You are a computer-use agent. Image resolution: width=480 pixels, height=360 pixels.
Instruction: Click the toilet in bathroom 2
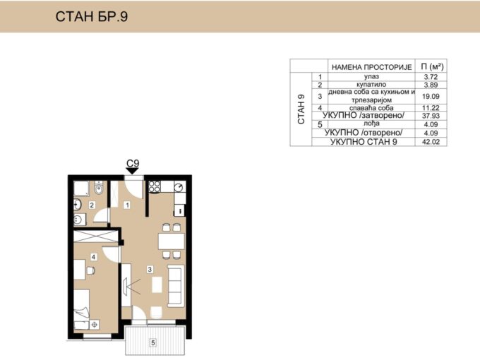tap(99, 188)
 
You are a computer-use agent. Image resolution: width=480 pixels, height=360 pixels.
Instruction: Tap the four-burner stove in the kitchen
tap(155, 186)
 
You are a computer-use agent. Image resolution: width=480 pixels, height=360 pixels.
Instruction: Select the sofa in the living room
tap(176, 286)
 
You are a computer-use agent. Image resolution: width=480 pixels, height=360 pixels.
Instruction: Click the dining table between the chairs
tap(171, 241)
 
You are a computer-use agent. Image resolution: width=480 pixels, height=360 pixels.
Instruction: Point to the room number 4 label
tap(94, 257)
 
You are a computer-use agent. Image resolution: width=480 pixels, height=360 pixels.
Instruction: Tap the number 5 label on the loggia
tap(153, 342)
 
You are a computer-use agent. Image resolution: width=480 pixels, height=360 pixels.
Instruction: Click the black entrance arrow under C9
tap(133, 171)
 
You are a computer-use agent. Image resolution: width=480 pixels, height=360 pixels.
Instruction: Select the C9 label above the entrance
tap(133, 163)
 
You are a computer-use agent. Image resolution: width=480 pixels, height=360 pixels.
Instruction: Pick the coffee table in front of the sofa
tap(157, 284)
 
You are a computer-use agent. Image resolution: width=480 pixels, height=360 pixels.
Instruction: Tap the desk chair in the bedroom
tap(91, 270)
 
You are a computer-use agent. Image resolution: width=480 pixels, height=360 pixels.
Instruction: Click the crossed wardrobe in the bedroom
tap(96, 236)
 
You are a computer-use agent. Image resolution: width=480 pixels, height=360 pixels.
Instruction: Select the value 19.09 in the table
tap(431, 97)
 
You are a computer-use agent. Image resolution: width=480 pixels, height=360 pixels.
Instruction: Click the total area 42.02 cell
tap(431, 142)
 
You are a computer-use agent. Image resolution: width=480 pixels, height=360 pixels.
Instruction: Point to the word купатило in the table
tap(371, 85)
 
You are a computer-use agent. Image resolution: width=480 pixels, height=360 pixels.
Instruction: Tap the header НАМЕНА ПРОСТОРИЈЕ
tap(371, 67)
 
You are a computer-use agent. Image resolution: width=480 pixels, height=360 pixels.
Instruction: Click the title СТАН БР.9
tap(92, 16)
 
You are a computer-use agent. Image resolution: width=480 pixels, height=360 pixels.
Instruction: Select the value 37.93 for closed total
tap(431, 116)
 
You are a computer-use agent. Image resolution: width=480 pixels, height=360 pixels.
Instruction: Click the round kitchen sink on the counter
tap(179, 186)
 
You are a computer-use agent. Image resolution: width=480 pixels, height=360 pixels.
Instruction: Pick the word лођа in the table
tap(371, 124)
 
